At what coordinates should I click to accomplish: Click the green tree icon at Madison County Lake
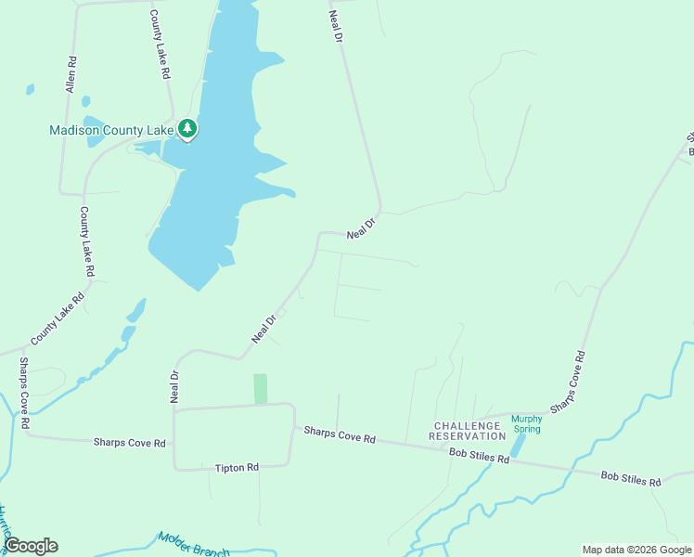pos(188,129)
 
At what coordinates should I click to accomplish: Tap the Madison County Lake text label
pos(111,131)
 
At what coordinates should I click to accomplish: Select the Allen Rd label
pos(71,74)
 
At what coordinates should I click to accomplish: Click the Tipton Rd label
pos(236,468)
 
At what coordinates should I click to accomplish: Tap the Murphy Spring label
pos(526,423)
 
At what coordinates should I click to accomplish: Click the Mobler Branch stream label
pos(193,545)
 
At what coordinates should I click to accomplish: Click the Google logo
pos(31,546)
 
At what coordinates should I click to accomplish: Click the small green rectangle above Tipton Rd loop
pos(261,388)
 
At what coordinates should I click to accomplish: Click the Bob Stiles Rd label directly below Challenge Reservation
pos(479,458)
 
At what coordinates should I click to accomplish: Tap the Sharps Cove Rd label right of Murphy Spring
pos(568,382)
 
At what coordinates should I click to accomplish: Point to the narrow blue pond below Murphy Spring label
pos(518,447)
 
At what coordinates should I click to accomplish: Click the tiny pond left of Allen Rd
pos(31,89)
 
